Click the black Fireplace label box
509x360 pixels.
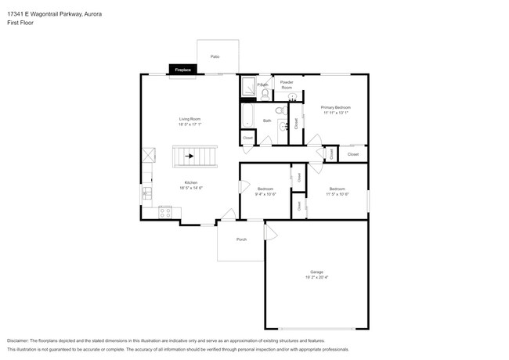tap(182, 69)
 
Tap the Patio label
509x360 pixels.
tap(215, 57)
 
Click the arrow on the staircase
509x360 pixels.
tap(190, 156)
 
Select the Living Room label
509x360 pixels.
tap(190, 119)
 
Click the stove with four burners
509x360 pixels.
tap(166, 211)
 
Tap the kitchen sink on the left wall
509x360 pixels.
tap(146, 192)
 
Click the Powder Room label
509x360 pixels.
tap(287, 85)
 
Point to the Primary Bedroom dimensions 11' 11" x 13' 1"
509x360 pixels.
tap(335, 112)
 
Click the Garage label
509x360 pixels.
tap(316, 272)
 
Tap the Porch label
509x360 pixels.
tap(242, 239)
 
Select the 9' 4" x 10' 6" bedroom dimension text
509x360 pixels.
tap(266, 193)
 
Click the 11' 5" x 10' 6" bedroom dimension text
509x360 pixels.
tap(337, 193)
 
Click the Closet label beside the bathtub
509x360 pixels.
tap(247, 139)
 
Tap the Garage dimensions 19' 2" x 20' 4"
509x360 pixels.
tap(316, 277)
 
